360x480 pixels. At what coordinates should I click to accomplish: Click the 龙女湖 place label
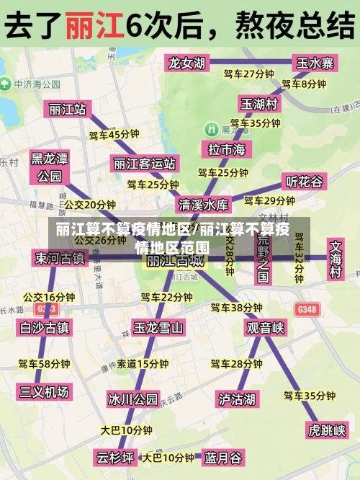186,63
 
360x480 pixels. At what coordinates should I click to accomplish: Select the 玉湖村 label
259,104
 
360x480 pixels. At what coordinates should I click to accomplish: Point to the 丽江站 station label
68,109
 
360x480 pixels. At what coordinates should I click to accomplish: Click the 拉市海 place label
226,149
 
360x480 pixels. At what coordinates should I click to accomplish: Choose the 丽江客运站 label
145,164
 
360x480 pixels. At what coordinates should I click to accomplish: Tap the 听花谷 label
305,181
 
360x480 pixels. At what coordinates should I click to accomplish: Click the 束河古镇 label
60,257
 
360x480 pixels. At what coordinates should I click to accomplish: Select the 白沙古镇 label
45,328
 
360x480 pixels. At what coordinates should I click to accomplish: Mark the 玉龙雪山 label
158,328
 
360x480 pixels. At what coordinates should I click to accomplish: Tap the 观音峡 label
265,328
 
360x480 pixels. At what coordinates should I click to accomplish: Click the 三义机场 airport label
45,391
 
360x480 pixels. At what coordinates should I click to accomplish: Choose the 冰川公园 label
132,399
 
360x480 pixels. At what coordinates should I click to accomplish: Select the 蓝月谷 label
223,457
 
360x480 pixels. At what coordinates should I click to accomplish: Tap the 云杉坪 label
116,457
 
